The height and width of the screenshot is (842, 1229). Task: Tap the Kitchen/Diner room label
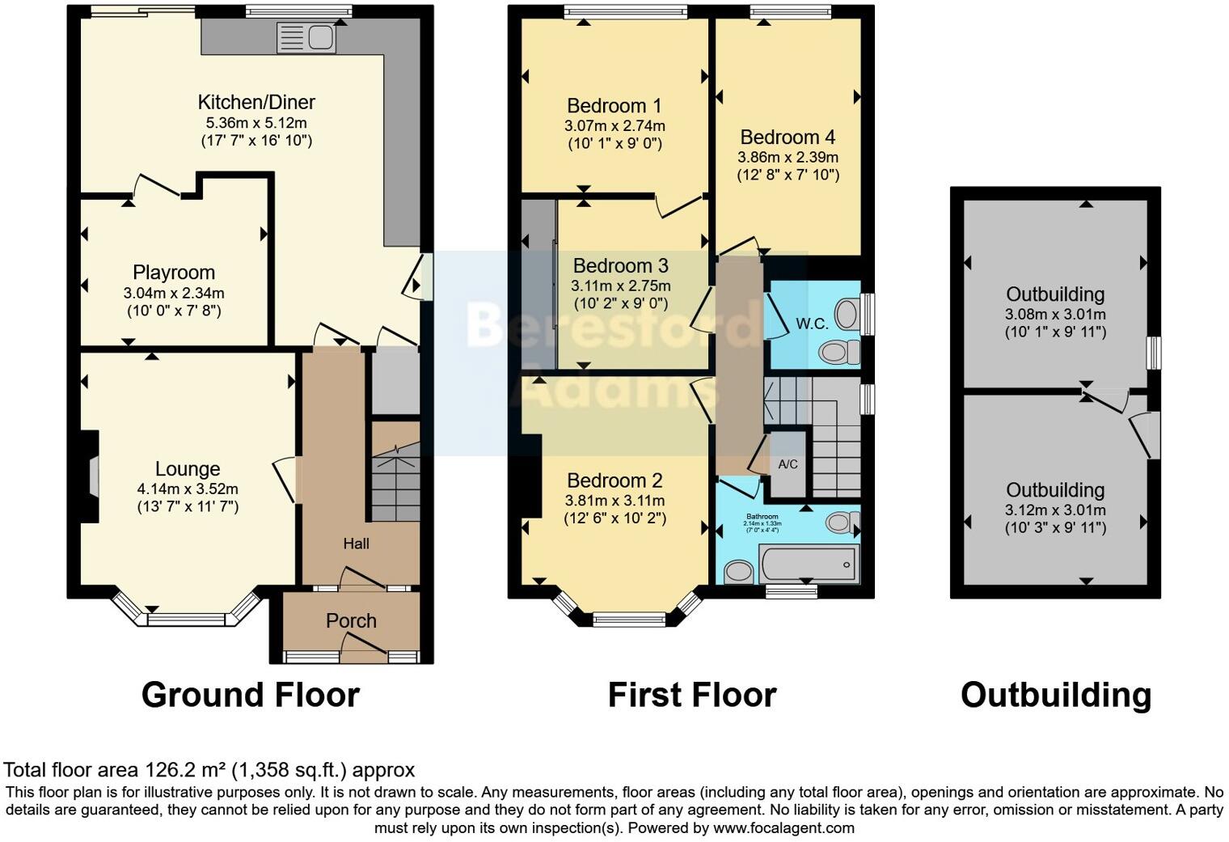coord(256,102)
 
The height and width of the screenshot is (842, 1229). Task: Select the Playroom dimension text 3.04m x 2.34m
coord(174,293)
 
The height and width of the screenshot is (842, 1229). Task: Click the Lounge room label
coord(188,469)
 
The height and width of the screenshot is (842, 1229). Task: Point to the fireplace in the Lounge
coord(92,477)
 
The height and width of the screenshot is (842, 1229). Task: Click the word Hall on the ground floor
coord(356,544)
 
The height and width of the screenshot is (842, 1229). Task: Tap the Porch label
coord(351,620)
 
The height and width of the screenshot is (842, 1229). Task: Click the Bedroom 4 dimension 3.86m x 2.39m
coord(788,157)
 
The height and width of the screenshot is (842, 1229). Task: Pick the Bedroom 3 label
coord(620,266)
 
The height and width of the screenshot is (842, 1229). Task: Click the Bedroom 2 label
coord(614,480)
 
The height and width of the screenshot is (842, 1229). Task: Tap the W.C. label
coord(812,324)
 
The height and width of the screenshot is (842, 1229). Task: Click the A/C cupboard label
coord(788,464)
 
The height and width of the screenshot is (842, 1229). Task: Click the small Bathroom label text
coord(762,517)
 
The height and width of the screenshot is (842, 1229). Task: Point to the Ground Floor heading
coord(250,695)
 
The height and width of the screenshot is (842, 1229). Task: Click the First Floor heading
coord(691,695)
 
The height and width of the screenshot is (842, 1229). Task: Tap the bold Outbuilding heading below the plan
coord(1055,695)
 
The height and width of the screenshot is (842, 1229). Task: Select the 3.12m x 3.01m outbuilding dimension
coord(1055,510)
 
